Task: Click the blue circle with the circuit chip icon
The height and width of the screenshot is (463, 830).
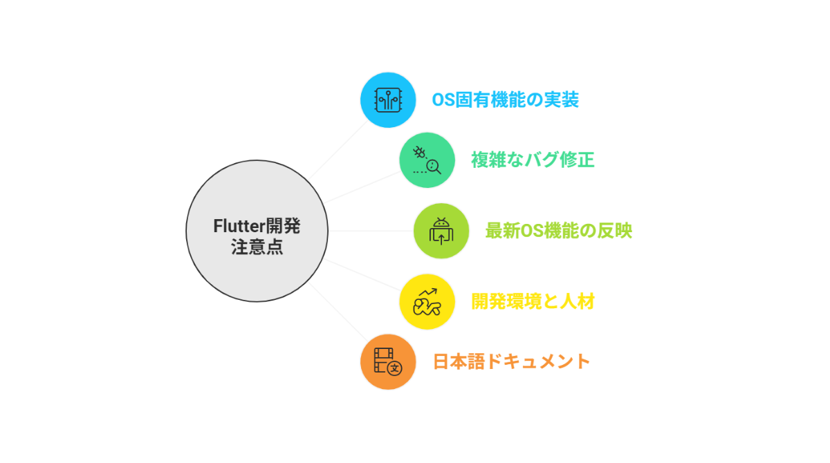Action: click(x=388, y=100)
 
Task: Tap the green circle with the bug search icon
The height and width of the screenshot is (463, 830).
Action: click(x=427, y=160)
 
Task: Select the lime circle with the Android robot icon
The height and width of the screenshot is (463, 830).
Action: click(x=441, y=231)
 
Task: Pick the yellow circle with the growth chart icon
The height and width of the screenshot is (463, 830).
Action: click(x=427, y=301)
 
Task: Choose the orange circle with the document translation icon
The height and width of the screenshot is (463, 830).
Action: click(x=388, y=361)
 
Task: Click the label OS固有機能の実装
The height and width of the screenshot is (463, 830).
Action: click(x=505, y=100)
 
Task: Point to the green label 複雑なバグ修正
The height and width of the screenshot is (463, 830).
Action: click(x=533, y=160)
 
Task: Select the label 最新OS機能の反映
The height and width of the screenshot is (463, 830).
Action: click(x=558, y=231)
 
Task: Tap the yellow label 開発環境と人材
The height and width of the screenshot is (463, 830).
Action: click(x=533, y=302)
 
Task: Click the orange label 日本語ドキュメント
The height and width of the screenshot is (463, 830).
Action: click(x=512, y=361)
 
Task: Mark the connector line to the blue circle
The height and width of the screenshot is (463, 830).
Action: click(x=339, y=151)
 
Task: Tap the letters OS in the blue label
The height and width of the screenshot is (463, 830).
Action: click(x=442, y=100)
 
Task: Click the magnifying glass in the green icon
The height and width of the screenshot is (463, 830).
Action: click(x=434, y=166)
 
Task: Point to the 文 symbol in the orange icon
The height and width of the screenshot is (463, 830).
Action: click(x=395, y=368)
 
